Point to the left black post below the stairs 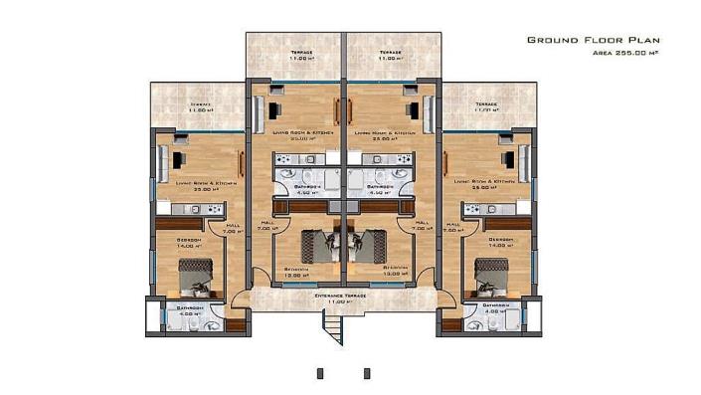321,373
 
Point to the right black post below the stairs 367,373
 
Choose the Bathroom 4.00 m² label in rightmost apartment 496,310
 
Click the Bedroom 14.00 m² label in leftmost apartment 189,243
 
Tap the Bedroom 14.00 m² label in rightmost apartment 501,243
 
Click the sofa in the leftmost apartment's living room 163,159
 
